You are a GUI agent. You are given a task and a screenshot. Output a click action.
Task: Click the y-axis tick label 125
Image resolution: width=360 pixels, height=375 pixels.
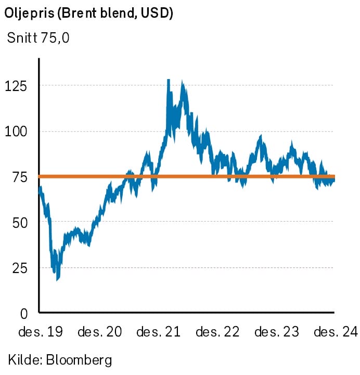pyautogui.click(x=16, y=86)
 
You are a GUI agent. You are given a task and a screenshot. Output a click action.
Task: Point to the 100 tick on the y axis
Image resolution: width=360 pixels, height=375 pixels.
pyautogui.click(x=16, y=132)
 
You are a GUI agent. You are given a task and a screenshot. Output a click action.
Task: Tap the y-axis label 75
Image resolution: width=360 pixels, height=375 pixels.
pyautogui.click(x=20, y=177)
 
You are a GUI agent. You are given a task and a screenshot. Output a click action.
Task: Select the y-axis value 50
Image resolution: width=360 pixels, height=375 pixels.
pyautogui.click(x=20, y=223)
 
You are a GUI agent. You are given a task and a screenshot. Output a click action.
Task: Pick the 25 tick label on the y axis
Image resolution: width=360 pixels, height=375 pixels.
pyautogui.click(x=20, y=268)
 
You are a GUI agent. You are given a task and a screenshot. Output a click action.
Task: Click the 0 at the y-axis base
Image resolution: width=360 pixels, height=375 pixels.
pyautogui.click(x=24, y=314)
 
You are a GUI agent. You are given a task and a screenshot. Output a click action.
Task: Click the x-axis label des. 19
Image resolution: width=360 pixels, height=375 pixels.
pyautogui.click(x=41, y=332)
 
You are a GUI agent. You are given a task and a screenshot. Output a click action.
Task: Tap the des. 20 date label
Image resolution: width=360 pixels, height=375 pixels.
pyautogui.click(x=100, y=332)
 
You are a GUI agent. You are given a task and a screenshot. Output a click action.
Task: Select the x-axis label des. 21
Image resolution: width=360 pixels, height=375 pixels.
pyautogui.click(x=158, y=332)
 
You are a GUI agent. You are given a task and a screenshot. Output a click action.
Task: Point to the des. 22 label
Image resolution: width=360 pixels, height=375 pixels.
pyautogui.click(x=217, y=332)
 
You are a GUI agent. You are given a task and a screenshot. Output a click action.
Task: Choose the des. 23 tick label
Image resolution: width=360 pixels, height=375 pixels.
pyautogui.click(x=277, y=332)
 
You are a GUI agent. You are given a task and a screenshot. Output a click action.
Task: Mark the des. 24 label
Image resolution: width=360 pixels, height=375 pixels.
pyautogui.click(x=336, y=332)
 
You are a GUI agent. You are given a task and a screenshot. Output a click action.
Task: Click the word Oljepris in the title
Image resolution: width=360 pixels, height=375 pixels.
pyautogui.click(x=30, y=14)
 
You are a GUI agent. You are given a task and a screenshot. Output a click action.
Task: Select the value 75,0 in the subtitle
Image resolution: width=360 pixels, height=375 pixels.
pyautogui.click(x=55, y=38)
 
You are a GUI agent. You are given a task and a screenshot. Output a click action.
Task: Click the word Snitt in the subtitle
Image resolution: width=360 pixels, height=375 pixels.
pyautogui.click(x=22, y=38)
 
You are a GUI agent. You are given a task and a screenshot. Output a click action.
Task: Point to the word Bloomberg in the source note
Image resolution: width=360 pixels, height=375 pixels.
pyautogui.click(x=79, y=360)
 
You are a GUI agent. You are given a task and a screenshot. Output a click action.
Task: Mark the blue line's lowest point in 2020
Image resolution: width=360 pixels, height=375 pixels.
pyautogui.click(x=57, y=280)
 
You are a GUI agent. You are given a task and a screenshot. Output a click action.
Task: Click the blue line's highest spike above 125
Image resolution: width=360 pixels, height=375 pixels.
pyautogui.click(x=169, y=80)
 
